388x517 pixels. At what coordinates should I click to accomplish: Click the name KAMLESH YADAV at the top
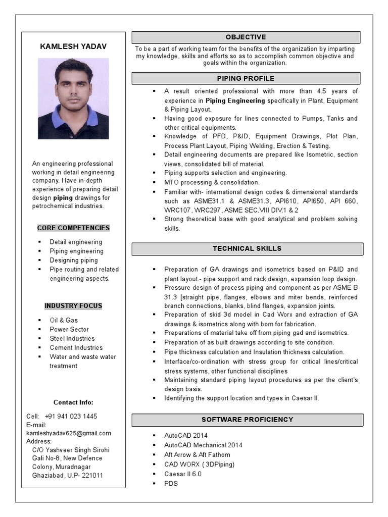pos(73,46)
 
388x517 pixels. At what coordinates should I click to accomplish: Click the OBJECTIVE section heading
pos(246,37)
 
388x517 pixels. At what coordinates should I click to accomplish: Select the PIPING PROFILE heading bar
pos(246,78)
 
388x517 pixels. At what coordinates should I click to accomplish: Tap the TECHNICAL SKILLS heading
pos(247,248)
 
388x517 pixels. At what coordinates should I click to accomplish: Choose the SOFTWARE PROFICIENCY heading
pos(247,420)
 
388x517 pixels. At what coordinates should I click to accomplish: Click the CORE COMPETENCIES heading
pos(73,228)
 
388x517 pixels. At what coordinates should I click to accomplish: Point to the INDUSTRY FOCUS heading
pos(73,306)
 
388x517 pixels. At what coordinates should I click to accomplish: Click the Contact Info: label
pos(73,402)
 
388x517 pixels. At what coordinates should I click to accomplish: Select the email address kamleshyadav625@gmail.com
pos(69,433)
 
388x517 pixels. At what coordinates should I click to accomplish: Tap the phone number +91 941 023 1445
pos(71,416)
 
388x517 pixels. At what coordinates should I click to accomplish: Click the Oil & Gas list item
pos(64,320)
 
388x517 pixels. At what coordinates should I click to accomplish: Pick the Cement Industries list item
pos(76,347)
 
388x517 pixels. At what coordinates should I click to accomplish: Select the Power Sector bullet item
pos(69,329)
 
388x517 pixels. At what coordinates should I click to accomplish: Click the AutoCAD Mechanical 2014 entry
pos(203,445)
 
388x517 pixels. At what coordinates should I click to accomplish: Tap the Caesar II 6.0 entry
pos(183,474)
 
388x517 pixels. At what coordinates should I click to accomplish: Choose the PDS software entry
pos(171,484)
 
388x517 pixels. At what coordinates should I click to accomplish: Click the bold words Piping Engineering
pos(235,100)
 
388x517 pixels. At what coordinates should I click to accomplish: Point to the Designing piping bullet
pos(74,260)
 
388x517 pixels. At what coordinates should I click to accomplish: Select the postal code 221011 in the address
pos(92,476)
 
